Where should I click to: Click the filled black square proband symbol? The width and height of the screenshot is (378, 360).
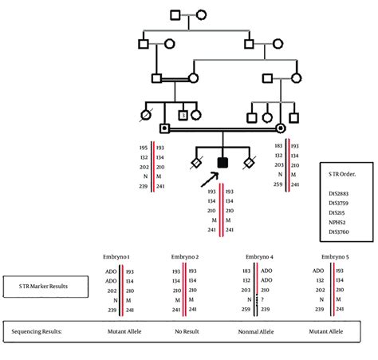222,163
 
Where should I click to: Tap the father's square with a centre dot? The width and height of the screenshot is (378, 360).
164,128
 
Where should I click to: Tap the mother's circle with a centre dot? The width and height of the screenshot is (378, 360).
280,128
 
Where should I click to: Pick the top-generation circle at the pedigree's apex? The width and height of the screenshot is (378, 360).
202,14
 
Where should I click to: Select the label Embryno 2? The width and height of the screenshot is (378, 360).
185,256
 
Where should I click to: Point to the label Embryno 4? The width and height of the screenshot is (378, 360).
260,256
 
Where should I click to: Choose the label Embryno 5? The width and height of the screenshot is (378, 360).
335,256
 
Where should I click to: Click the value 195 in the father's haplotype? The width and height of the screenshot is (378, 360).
144,148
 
